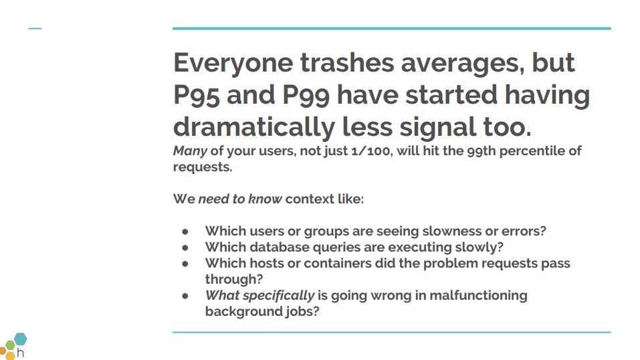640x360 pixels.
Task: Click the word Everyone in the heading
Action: click(x=233, y=64)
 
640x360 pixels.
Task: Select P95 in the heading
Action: click(x=197, y=96)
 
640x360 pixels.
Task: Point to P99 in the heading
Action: click(x=306, y=96)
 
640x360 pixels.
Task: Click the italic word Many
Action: click(x=190, y=152)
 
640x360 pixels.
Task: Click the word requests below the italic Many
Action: click(x=203, y=167)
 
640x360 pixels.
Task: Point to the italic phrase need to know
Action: click(x=240, y=199)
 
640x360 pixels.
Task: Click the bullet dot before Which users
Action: click(x=185, y=232)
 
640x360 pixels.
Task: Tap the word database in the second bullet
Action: click(x=280, y=248)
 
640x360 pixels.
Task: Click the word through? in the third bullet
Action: click(x=234, y=280)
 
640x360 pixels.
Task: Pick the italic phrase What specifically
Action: click(x=259, y=296)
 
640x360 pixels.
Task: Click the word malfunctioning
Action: click(x=478, y=296)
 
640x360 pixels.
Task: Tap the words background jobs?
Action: click(x=261, y=312)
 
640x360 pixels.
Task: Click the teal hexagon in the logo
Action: click(x=21, y=339)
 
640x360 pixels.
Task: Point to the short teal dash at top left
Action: click(x=35, y=29)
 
